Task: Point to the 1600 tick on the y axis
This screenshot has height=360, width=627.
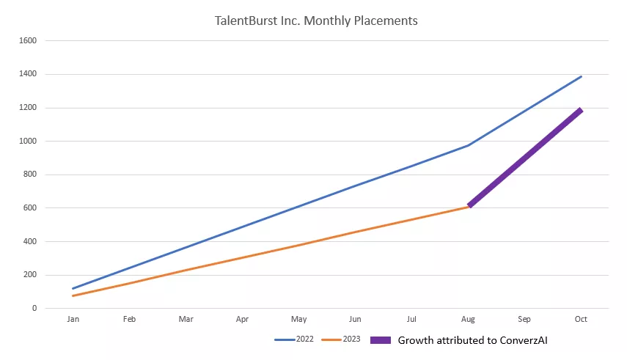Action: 27,40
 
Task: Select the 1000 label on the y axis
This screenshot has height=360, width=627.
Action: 27,142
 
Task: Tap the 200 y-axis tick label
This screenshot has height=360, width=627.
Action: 29,275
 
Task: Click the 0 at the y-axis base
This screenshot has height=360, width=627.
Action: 34,309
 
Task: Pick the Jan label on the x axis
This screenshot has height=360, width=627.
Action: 73,320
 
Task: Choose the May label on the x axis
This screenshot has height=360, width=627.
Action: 298,320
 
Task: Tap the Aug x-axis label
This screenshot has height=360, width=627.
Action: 468,320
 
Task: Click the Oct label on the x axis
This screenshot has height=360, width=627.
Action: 581,320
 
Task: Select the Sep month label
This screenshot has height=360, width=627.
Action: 524,320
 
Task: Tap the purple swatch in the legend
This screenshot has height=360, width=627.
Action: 382,340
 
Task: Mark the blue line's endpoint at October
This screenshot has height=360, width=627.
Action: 582,76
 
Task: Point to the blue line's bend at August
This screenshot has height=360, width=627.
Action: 469,145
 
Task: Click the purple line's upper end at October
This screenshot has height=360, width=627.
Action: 581,110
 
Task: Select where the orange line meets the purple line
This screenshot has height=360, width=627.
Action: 469,207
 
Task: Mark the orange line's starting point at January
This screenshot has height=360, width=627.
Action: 73,295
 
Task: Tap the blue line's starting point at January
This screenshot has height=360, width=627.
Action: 73,289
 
